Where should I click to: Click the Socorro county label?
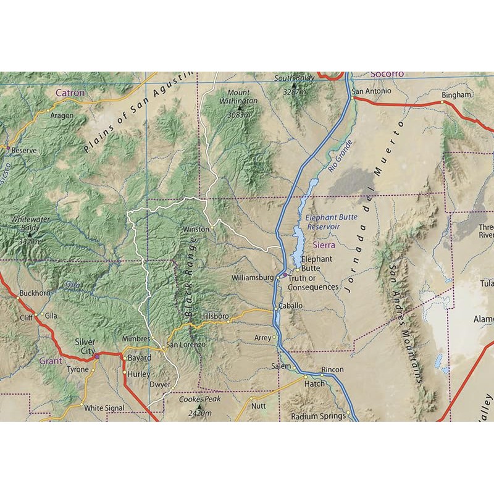click(x=387, y=74)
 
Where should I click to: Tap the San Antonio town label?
click(x=371, y=91)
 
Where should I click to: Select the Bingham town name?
click(x=456, y=95)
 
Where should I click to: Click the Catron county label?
click(x=70, y=93)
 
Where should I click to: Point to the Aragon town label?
click(x=62, y=115)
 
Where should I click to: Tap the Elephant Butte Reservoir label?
click(x=323, y=222)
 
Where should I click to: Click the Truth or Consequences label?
click(x=313, y=283)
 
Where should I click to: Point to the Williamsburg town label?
click(x=252, y=278)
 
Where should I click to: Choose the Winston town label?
click(x=196, y=229)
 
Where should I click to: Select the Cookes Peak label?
click(x=199, y=404)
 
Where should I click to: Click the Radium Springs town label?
click(x=318, y=416)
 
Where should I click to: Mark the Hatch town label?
click(x=314, y=383)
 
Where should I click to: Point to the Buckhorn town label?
click(x=33, y=293)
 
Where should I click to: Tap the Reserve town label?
click(x=24, y=150)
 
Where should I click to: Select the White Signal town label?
click(x=104, y=408)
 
